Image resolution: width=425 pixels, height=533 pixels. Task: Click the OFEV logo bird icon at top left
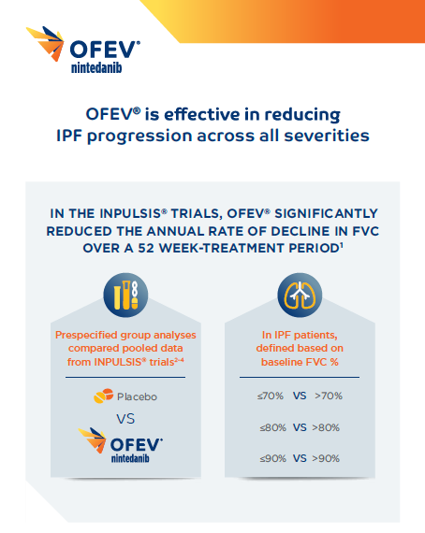(x=48, y=45)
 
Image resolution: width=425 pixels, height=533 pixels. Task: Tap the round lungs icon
(x=300, y=295)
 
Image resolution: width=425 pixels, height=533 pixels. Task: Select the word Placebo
(x=137, y=396)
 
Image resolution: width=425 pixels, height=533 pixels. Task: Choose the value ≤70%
(x=271, y=396)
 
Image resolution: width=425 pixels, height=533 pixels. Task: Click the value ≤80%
(x=271, y=427)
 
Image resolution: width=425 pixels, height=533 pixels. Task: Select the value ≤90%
(x=271, y=458)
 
